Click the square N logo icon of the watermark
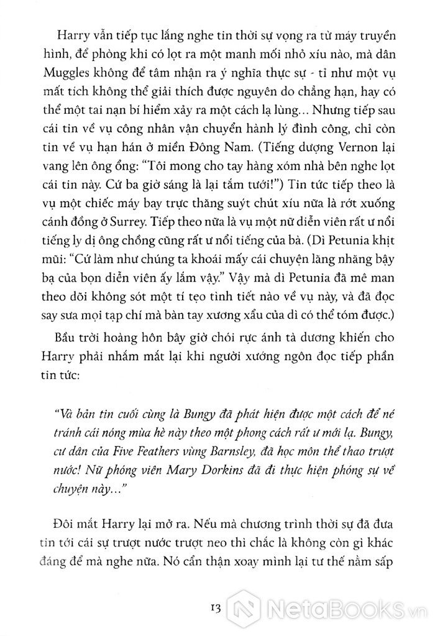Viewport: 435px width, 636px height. pyautogui.click(x=244, y=606)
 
